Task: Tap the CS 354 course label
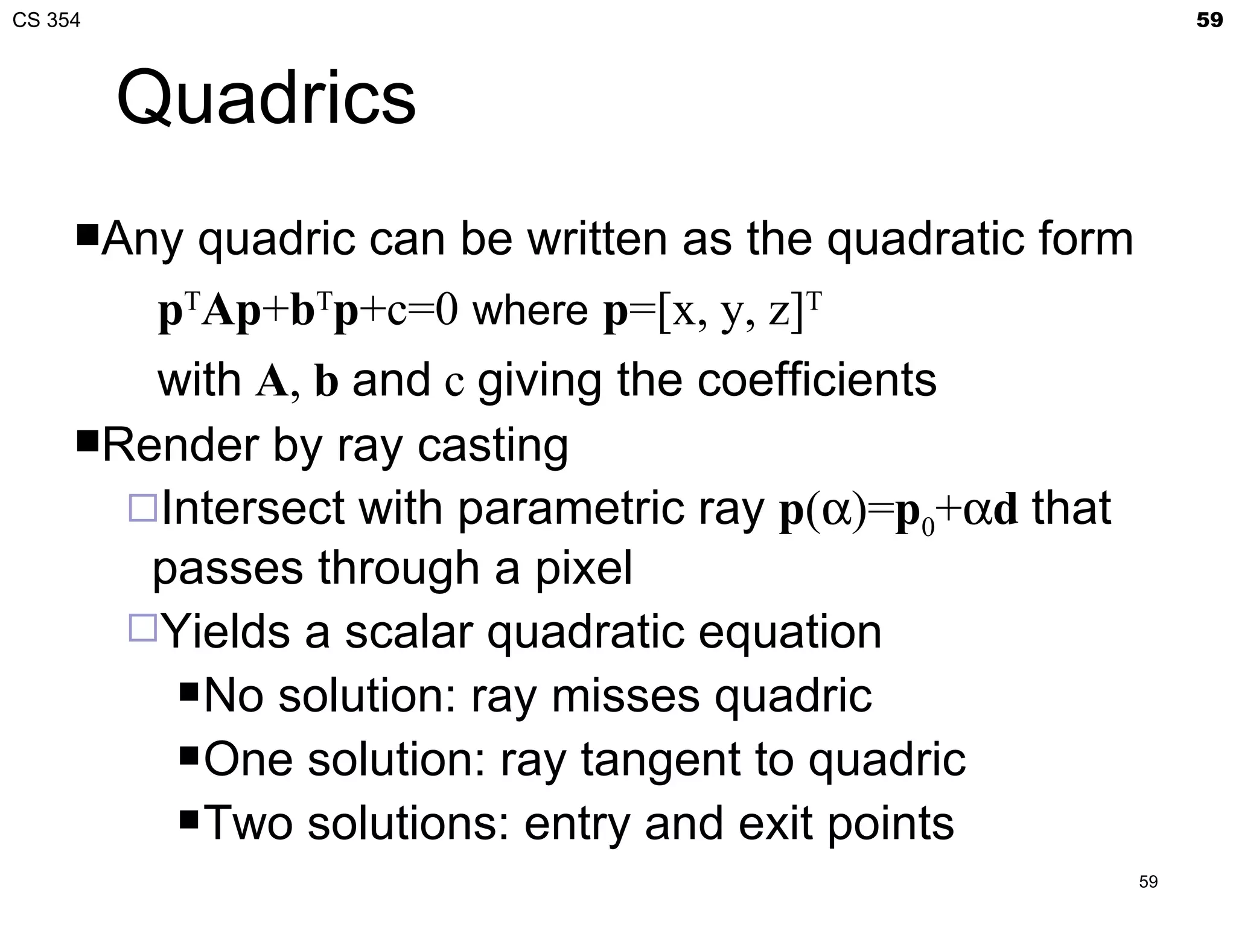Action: [46, 21]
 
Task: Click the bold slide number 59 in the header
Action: [1209, 21]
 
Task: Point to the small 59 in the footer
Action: [1148, 882]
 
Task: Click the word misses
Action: [626, 696]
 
